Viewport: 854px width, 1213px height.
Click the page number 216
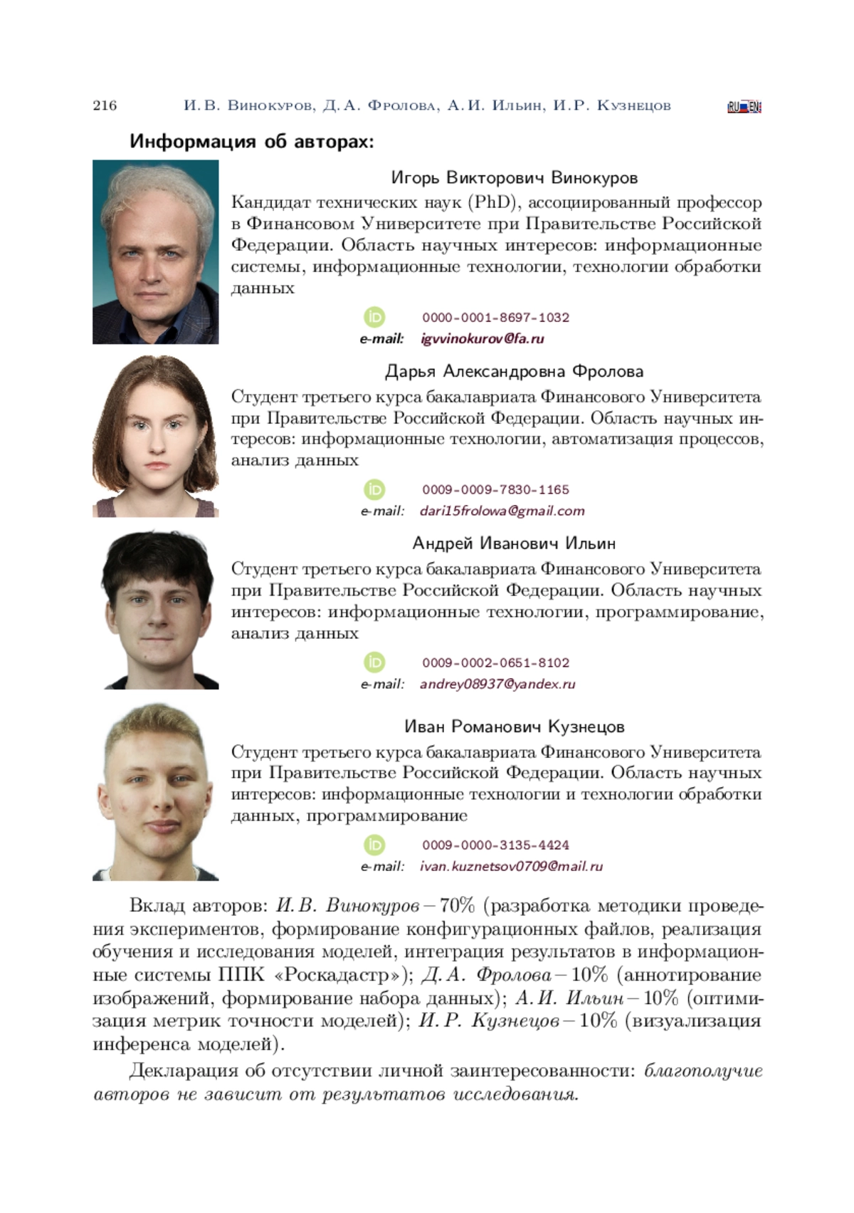[x=105, y=105]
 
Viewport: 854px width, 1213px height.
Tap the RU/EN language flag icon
[x=744, y=108]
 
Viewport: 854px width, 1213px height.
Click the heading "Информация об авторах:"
[x=251, y=141]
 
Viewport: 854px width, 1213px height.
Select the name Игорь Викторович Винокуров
[x=514, y=177]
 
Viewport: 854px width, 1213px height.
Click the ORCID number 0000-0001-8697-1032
[x=495, y=317]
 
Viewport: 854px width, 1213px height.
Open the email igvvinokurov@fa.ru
[x=482, y=338]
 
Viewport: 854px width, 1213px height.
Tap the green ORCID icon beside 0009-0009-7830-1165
[x=374, y=489]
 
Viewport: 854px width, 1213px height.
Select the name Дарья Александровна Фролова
[x=514, y=371]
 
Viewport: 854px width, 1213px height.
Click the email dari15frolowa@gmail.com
[x=502, y=511]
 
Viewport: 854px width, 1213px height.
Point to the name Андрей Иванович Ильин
[x=514, y=543]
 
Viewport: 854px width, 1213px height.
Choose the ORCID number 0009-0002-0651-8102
[x=495, y=662]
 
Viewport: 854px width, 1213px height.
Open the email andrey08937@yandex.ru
[x=497, y=684]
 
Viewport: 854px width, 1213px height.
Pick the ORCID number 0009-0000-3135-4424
[x=495, y=845]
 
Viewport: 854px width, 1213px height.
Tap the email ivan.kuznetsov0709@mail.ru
[x=511, y=866]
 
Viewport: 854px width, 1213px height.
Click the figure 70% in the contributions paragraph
[x=457, y=905]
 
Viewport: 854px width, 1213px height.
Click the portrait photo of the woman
[x=155, y=436]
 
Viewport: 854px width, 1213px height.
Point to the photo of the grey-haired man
[x=155, y=251]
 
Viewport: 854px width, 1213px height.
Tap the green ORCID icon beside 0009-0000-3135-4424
[x=374, y=845]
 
